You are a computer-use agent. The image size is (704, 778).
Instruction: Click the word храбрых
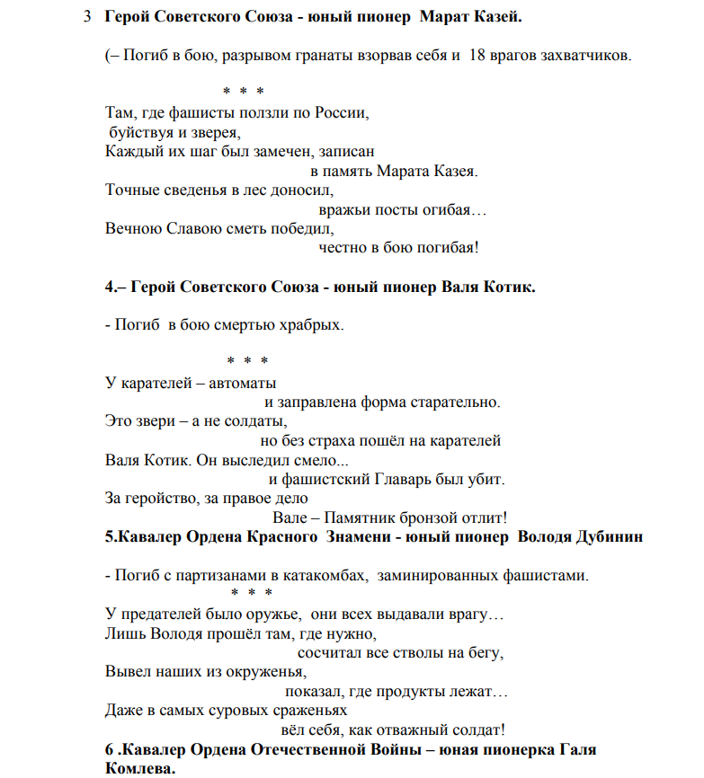(311, 324)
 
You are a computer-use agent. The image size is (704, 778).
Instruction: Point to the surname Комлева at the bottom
(139, 769)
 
